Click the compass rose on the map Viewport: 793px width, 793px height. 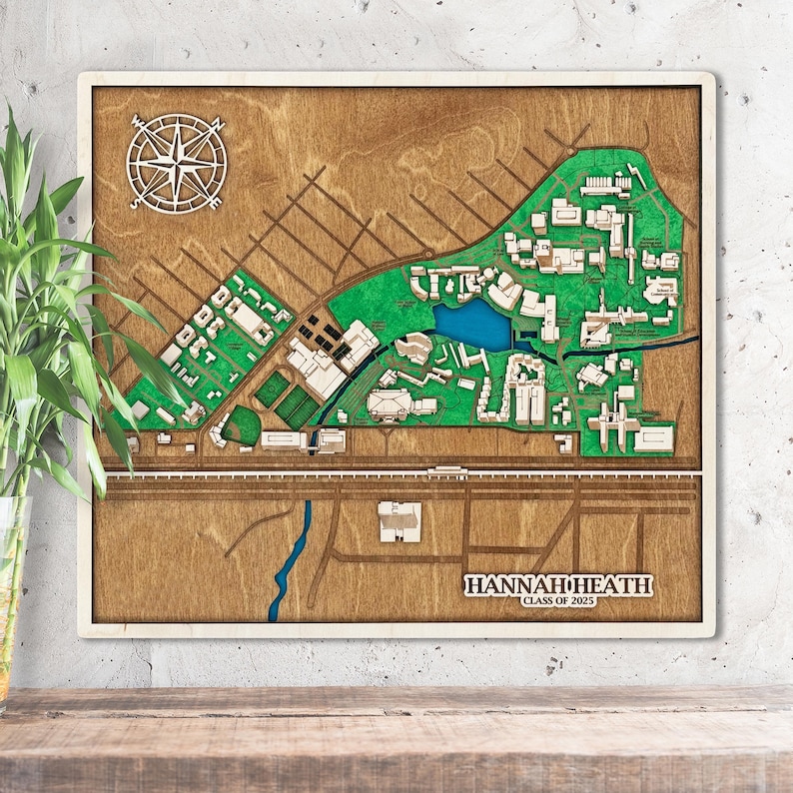(177, 163)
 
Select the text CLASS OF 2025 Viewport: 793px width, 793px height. (557, 601)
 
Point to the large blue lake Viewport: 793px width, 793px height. (471, 324)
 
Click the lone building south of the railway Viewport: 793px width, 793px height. (398, 521)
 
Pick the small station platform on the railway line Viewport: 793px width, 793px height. (446, 469)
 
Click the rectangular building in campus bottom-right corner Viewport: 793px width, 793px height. (653, 438)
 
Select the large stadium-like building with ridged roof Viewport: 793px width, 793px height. (391, 402)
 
